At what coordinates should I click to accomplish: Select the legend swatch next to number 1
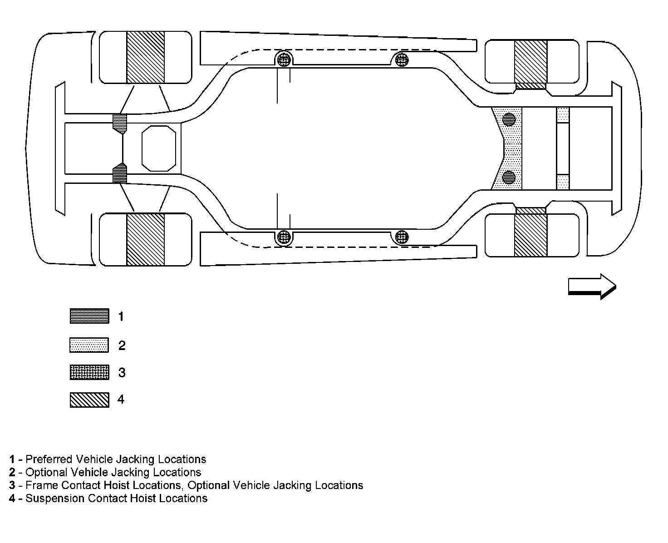(x=89, y=316)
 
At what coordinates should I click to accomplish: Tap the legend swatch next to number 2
(x=89, y=345)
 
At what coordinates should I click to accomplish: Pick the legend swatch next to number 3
(x=89, y=372)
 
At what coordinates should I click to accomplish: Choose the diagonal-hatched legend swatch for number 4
(x=89, y=400)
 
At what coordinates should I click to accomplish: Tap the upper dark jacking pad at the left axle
(x=120, y=123)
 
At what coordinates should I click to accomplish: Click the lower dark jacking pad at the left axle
(x=120, y=173)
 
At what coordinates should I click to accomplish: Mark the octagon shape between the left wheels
(x=159, y=148)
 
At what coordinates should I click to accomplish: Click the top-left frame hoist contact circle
(x=284, y=59)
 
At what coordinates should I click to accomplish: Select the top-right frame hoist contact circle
(x=401, y=59)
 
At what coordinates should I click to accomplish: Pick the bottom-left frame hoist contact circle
(x=284, y=237)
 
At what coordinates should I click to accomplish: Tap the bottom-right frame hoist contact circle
(x=401, y=237)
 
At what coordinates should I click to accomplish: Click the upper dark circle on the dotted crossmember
(x=509, y=119)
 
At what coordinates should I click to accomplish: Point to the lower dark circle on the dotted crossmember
(x=509, y=177)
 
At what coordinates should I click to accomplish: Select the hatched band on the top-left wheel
(x=145, y=57)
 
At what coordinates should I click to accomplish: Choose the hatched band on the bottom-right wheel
(x=530, y=235)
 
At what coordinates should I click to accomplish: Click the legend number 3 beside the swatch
(x=122, y=373)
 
